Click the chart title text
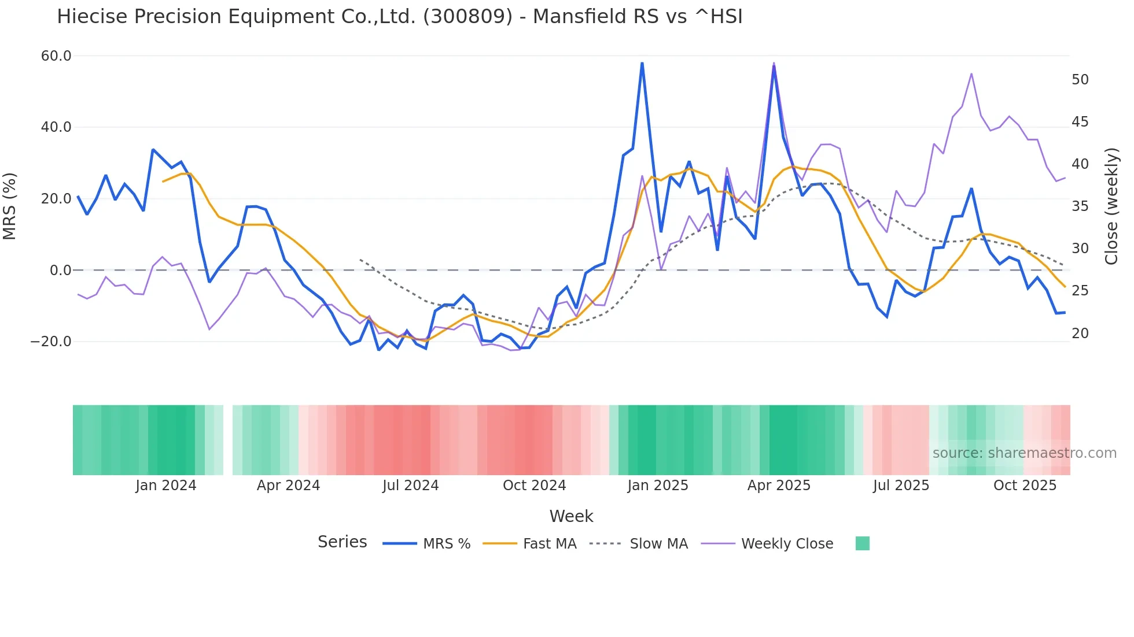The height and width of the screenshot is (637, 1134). (x=399, y=17)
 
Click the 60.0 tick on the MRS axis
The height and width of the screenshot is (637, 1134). (x=56, y=56)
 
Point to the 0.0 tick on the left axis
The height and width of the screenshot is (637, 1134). (x=61, y=270)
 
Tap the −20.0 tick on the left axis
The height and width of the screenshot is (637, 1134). (x=51, y=342)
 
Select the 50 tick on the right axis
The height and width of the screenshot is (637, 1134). (x=1080, y=80)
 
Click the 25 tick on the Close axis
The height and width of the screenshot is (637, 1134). (x=1080, y=291)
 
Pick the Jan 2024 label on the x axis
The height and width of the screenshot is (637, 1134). (x=166, y=486)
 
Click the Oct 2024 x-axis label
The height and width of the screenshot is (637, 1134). (x=534, y=486)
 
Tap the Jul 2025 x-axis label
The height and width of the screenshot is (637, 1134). (x=901, y=486)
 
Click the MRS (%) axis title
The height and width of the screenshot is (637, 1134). (x=10, y=206)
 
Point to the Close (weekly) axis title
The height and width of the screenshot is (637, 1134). (x=1111, y=206)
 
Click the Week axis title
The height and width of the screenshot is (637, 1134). (x=571, y=516)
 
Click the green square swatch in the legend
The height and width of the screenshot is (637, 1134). (x=862, y=543)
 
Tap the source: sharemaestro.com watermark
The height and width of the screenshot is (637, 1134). (x=1024, y=453)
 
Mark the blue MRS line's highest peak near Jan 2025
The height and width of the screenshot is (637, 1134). (x=642, y=63)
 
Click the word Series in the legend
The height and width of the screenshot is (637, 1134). (x=342, y=542)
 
